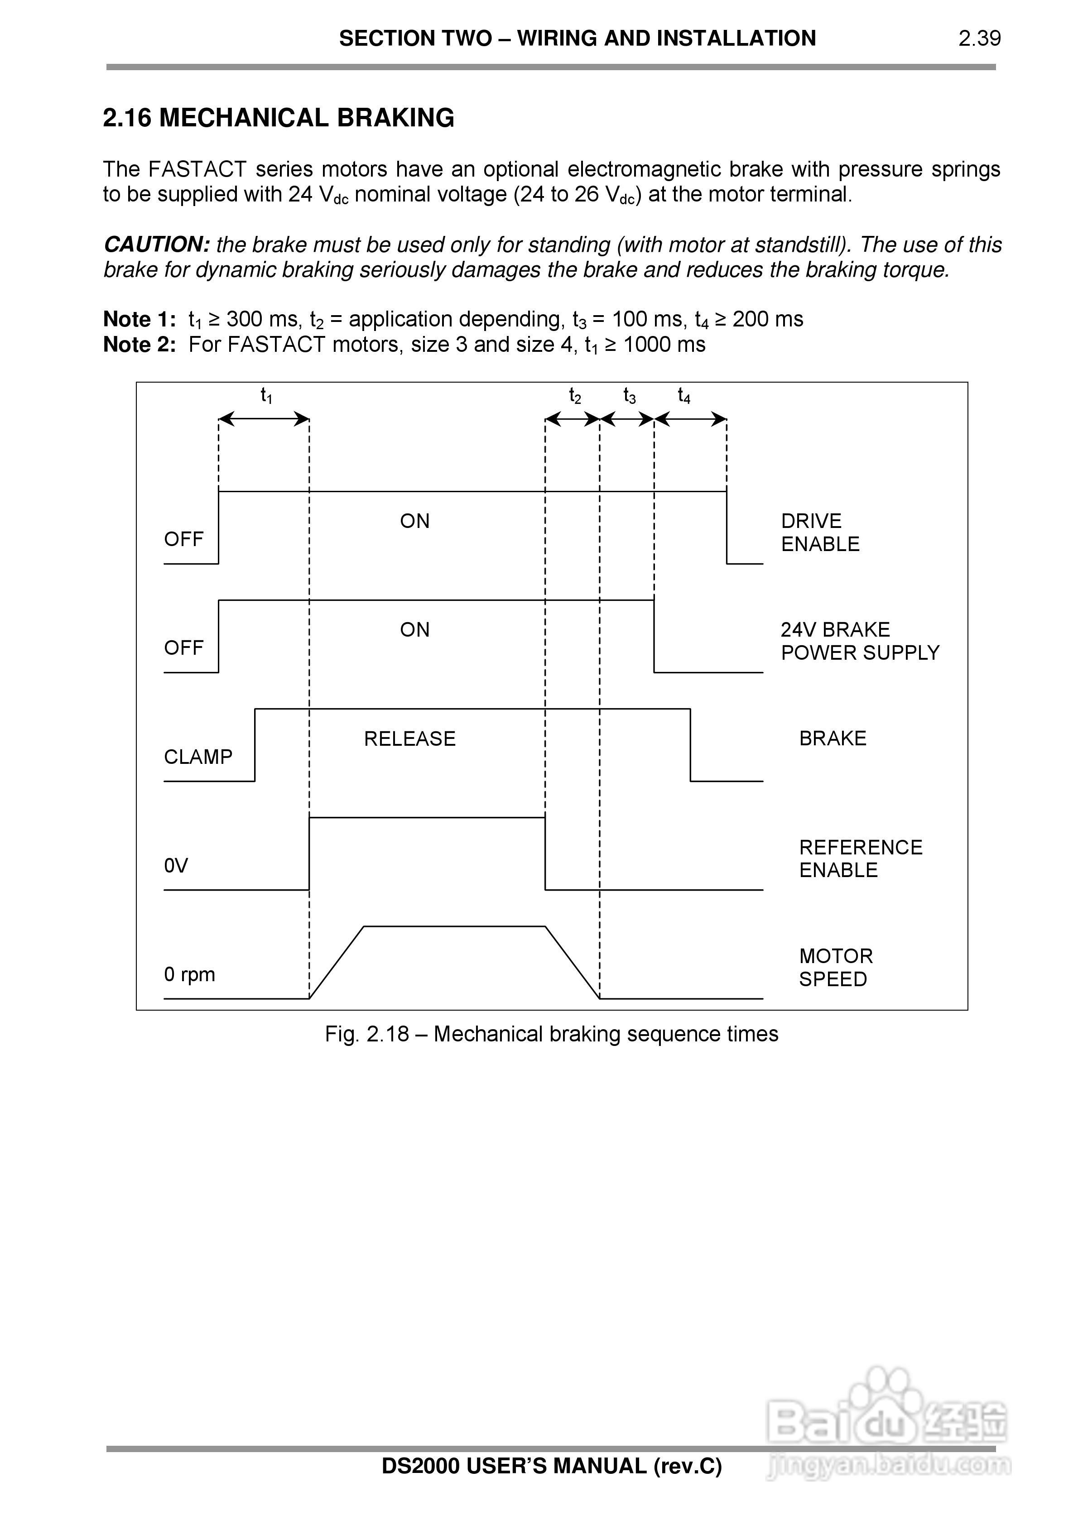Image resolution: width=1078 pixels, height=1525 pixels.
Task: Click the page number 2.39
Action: coord(979,38)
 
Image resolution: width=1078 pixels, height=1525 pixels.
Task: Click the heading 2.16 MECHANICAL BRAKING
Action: coord(279,118)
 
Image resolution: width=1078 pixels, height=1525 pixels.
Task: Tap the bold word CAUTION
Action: coord(157,245)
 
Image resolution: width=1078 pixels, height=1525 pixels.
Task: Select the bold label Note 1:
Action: coord(140,320)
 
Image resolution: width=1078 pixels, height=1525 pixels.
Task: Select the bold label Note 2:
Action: coord(140,345)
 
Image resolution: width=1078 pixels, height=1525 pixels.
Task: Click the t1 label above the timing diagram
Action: coord(266,396)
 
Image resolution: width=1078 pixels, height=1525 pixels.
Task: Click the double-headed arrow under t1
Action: coord(264,419)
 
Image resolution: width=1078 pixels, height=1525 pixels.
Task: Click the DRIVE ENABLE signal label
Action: coord(820,532)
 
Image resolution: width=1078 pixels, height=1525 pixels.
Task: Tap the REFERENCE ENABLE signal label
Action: coord(861,858)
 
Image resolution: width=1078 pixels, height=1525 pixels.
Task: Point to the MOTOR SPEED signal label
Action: coord(835,967)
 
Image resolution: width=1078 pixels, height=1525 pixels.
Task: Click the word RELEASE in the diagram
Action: coord(409,739)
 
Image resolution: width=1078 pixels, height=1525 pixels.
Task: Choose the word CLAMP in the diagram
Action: coord(198,757)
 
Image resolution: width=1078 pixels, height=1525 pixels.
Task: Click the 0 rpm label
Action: coord(189,974)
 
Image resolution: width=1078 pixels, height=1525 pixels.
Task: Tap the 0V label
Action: coord(176,865)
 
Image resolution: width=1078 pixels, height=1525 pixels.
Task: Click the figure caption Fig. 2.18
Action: coord(551,1034)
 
